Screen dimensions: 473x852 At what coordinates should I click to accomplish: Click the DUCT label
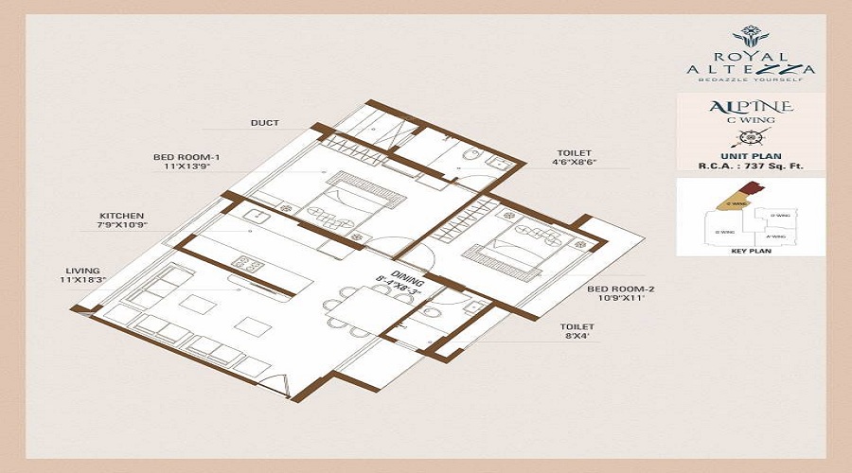pos(264,123)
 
